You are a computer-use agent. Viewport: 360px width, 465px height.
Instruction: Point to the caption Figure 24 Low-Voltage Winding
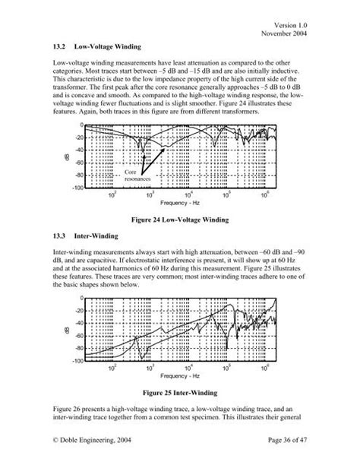(x=180, y=219)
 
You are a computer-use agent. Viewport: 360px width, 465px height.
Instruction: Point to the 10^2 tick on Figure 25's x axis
(x=114, y=370)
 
